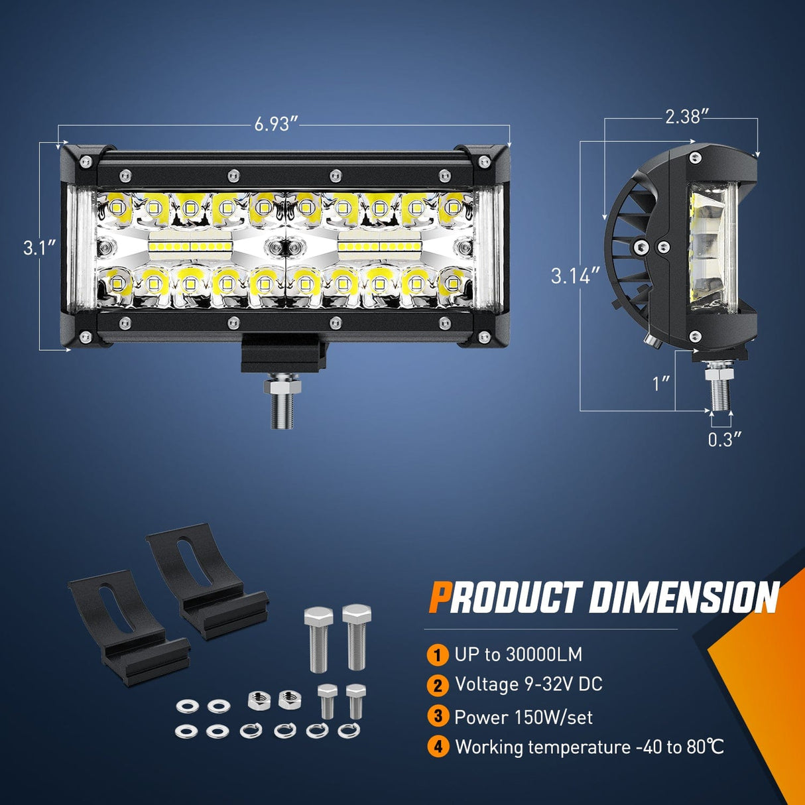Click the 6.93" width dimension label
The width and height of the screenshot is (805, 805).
coord(277,124)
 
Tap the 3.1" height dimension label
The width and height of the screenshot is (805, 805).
coord(39,248)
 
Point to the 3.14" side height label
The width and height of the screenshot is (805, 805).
coord(576,276)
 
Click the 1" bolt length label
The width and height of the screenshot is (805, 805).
coord(662,383)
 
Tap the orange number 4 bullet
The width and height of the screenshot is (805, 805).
coord(438,758)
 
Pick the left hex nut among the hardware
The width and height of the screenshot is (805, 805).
coord(259,700)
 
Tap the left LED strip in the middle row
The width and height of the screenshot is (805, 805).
coord(190,247)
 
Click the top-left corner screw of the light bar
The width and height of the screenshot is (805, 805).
coord(86,161)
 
